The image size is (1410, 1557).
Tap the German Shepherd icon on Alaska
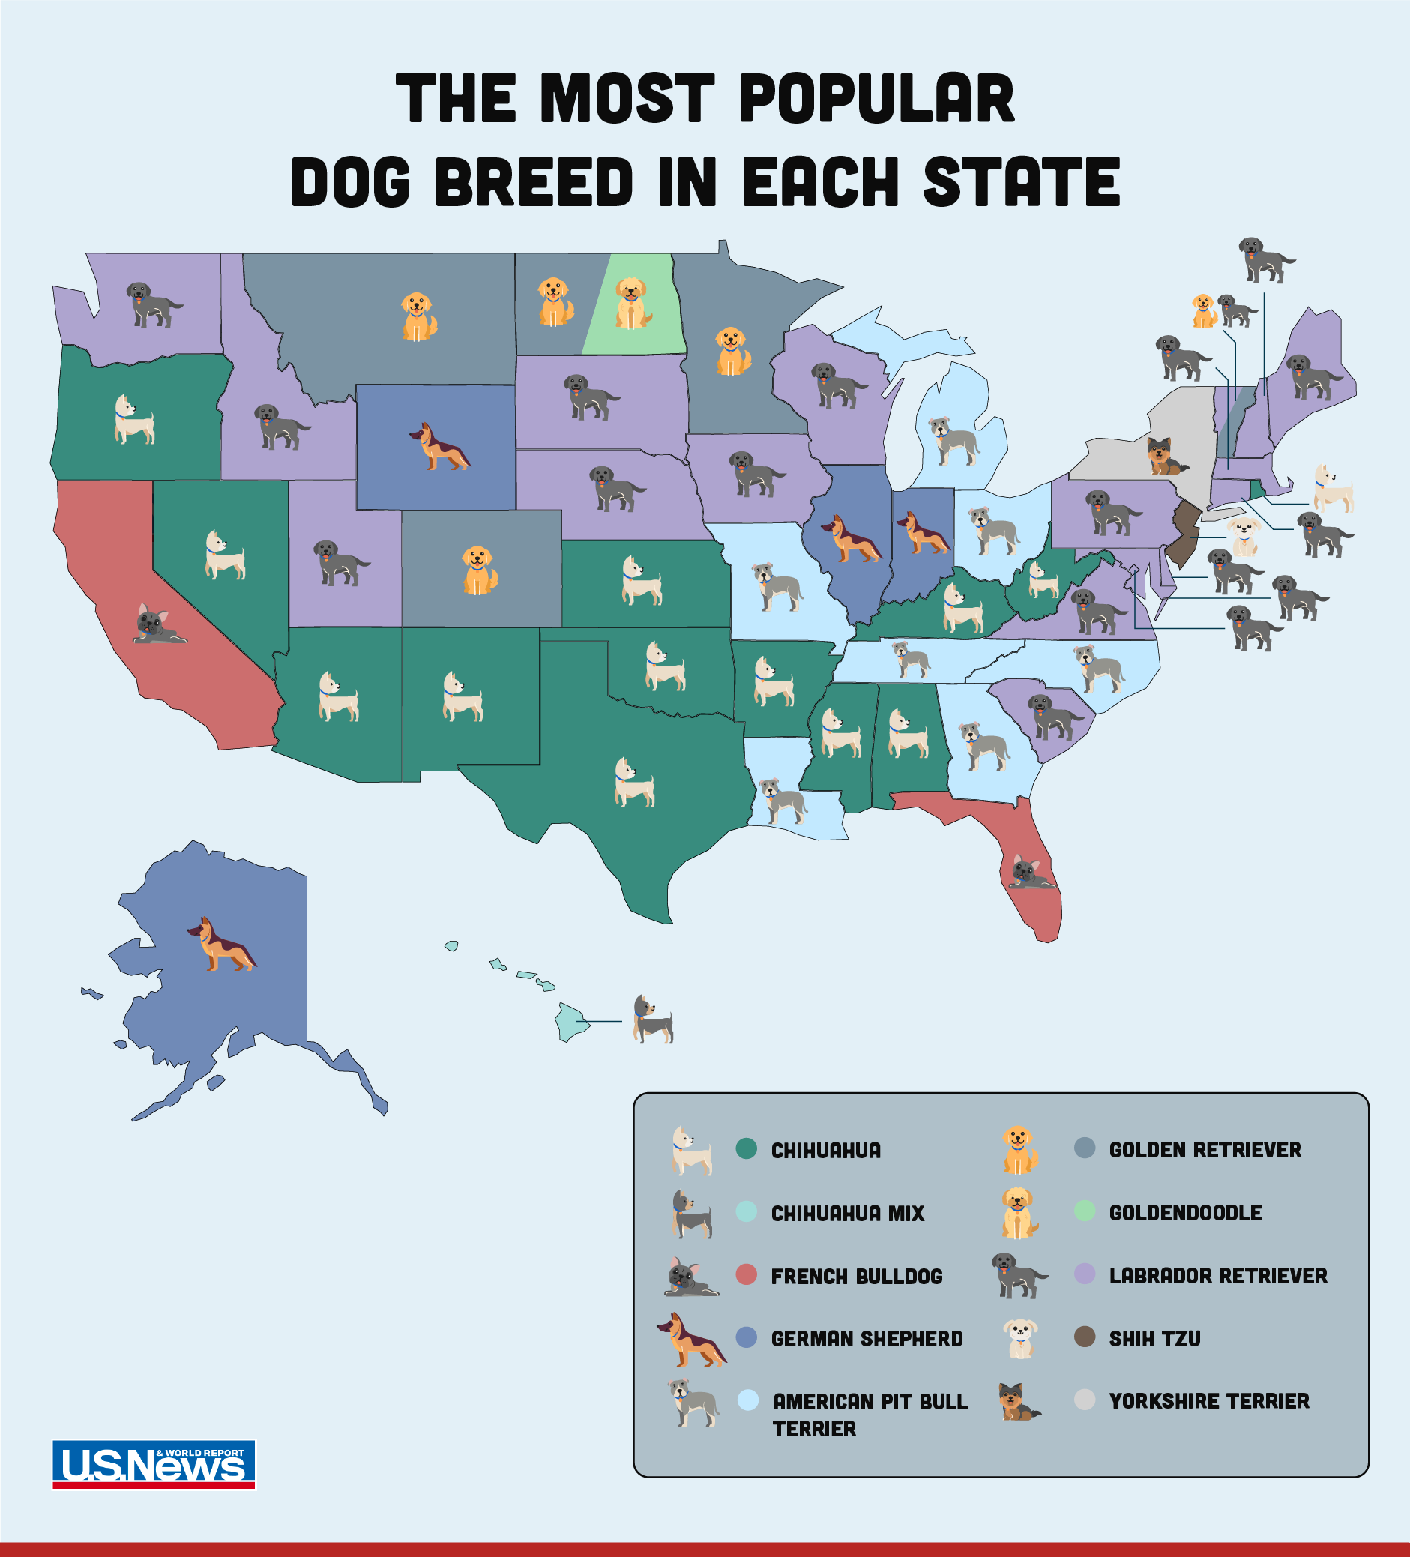[222, 945]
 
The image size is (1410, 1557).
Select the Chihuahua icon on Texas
[634, 783]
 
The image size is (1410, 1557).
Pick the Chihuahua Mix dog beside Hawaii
[652, 1020]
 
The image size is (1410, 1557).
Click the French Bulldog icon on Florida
[1029, 873]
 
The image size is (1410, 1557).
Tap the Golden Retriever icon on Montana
[418, 316]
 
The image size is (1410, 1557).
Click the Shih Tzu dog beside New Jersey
[1243, 537]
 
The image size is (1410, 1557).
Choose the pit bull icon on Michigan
[953, 441]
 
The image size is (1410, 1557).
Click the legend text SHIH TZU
[1154, 1338]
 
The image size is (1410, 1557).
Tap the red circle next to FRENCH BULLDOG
[746, 1274]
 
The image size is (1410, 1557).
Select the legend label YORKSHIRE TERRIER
[1208, 1401]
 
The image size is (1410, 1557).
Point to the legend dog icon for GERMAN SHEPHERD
[691, 1340]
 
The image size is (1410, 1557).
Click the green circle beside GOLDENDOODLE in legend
[1084, 1211]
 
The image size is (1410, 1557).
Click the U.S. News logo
[154, 1464]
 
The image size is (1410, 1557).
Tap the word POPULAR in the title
[876, 99]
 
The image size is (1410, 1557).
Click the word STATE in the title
[1021, 182]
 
